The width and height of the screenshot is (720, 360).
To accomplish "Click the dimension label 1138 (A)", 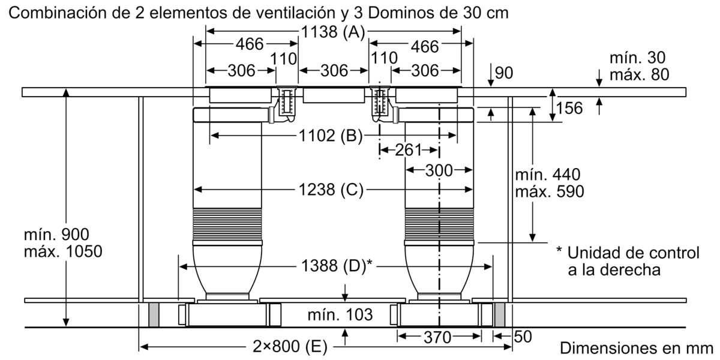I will [332, 34].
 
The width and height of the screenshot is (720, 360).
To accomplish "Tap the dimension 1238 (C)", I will [332, 190].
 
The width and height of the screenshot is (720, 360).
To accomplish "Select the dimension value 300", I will [439, 170].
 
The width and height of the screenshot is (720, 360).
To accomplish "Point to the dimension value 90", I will [505, 73].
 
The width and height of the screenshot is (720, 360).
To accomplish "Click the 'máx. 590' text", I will [549, 191].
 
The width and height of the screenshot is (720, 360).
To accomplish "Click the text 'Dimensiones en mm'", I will [636, 348].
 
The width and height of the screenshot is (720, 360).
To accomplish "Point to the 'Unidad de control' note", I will [633, 253].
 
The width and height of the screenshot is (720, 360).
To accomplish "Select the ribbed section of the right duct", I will [439, 223].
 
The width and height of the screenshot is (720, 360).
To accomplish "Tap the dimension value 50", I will [523, 337].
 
